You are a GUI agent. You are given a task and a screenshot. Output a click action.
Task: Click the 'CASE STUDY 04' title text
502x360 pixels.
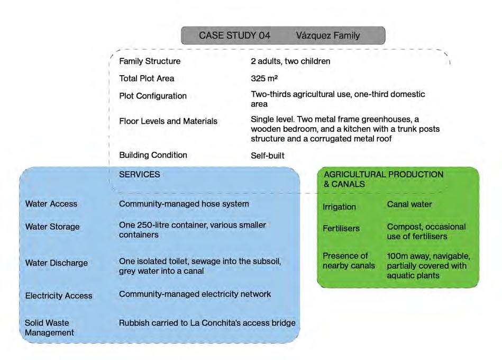click(234, 35)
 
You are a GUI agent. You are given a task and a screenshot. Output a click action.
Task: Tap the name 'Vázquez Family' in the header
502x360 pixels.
click(328, 35)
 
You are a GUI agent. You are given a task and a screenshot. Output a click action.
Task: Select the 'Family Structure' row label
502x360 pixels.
click(150, 61)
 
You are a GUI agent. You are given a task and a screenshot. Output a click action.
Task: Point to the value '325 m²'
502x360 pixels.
click(264, 78)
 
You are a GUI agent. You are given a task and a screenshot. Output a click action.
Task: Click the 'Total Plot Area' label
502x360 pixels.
click(147, 78)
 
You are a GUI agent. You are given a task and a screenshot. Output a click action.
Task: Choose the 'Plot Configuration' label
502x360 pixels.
click(153, 96)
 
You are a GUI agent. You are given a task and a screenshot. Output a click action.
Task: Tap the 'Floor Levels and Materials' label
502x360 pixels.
click(168, 121)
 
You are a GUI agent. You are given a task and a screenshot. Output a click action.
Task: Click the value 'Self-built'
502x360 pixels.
click(268, 156)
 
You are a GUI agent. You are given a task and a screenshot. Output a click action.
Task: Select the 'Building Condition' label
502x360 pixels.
click(153, 155)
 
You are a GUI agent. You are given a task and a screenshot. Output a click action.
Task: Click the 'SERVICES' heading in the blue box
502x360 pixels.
click(140, 174)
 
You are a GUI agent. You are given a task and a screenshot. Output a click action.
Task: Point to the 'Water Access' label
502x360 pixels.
click(51, 204)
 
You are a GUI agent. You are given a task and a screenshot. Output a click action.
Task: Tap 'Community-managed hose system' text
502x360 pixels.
click(184, 204)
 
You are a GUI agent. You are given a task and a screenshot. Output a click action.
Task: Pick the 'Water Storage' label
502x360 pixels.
click(52, 227)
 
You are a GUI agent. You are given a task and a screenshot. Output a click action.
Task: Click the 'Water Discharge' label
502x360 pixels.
click(57, 263)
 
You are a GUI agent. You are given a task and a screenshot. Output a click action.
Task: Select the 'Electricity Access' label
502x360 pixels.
click(59, 295)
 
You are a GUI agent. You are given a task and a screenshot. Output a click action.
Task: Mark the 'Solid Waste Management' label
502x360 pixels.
click(49, 328)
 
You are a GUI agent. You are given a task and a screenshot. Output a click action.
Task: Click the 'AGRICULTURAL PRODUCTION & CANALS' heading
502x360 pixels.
click(384, 179)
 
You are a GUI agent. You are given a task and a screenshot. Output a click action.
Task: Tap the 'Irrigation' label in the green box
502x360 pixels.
click(339, 207)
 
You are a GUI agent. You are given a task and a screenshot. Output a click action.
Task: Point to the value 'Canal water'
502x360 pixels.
click(409, 204)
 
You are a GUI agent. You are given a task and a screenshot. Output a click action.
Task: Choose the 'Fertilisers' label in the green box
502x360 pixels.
click(341, 229)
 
